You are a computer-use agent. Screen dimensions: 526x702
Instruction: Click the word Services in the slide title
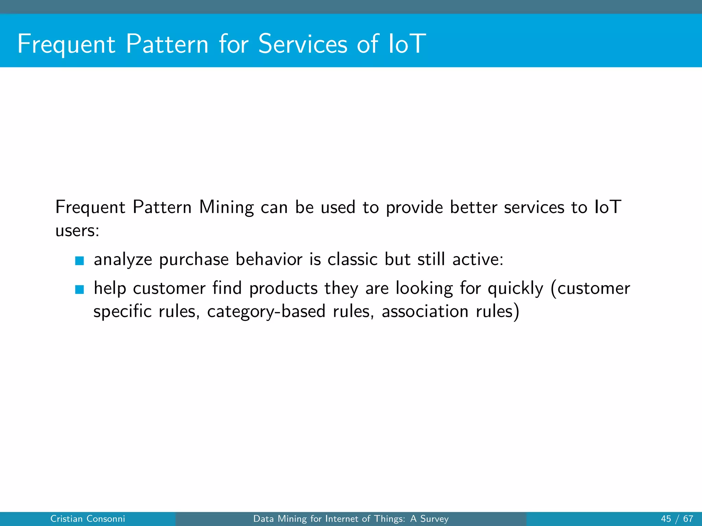tap(303, 44)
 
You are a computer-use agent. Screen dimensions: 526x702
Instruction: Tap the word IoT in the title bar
tap(407, 44)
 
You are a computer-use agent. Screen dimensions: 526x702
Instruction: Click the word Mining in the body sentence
tap(226, 208)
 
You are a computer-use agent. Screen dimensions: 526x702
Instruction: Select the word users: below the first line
tap(77, 230)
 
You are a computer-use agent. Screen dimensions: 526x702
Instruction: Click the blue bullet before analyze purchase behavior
tap(80, 261)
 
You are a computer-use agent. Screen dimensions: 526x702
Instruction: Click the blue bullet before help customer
tap(80, 290)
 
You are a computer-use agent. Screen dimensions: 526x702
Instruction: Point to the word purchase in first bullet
tap(194, 260)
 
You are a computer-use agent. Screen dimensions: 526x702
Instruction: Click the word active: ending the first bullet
tap(478, 259)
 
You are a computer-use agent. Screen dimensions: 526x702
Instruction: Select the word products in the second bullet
tap(283, 289)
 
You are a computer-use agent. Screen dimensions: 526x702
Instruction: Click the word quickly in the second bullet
tap(515, 289)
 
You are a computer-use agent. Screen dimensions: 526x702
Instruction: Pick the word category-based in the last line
tap(266, 312)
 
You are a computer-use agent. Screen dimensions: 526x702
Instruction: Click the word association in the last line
tap(425, 312)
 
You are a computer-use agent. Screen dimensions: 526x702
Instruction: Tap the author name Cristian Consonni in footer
tap(88, 519)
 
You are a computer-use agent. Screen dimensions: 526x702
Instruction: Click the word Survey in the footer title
tap(434, 519)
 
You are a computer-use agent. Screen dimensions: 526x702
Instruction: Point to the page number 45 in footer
tap(666, 519)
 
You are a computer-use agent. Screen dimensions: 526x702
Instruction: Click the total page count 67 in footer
tap(688, 519)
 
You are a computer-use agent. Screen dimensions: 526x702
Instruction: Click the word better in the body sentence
tap(473, 208)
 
